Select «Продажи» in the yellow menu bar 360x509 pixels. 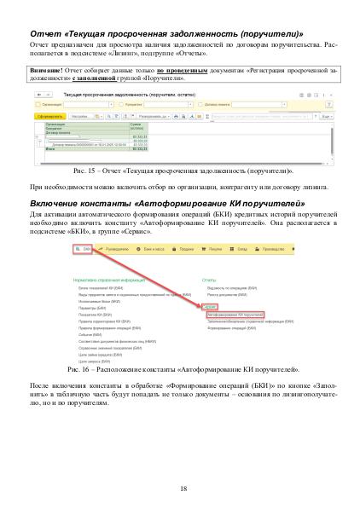pyautogui.click(x=189, y=246)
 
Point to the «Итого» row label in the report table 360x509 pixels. pyautogui.click(x=49, y=149)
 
